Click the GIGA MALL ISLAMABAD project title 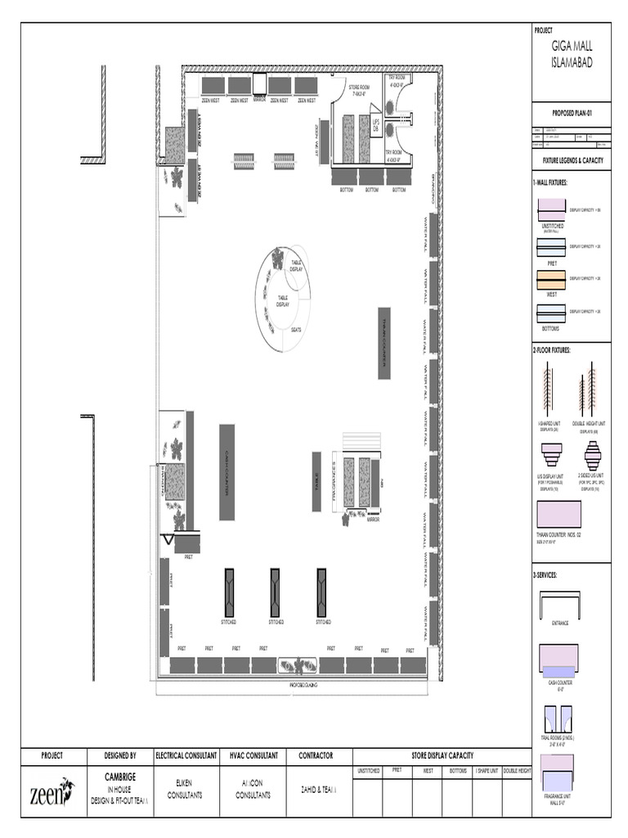click(572, 56)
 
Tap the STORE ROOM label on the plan click(360, 89)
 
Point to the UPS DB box click(376, 126)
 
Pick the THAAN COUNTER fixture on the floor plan click(384, 343)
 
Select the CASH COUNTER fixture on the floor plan click(227, 471)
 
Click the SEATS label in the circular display click(296, 330)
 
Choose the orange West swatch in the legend click(551, 278)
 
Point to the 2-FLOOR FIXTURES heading click(552, 350)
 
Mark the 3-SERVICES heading click(545, 575)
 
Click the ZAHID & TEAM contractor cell click(319, 790)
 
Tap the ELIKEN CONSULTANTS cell click(184, 789)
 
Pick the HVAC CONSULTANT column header click(252, 756)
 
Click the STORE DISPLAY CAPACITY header click(442, 756)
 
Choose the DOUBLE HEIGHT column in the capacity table click(516, 771)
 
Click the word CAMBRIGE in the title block click(119, 775)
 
